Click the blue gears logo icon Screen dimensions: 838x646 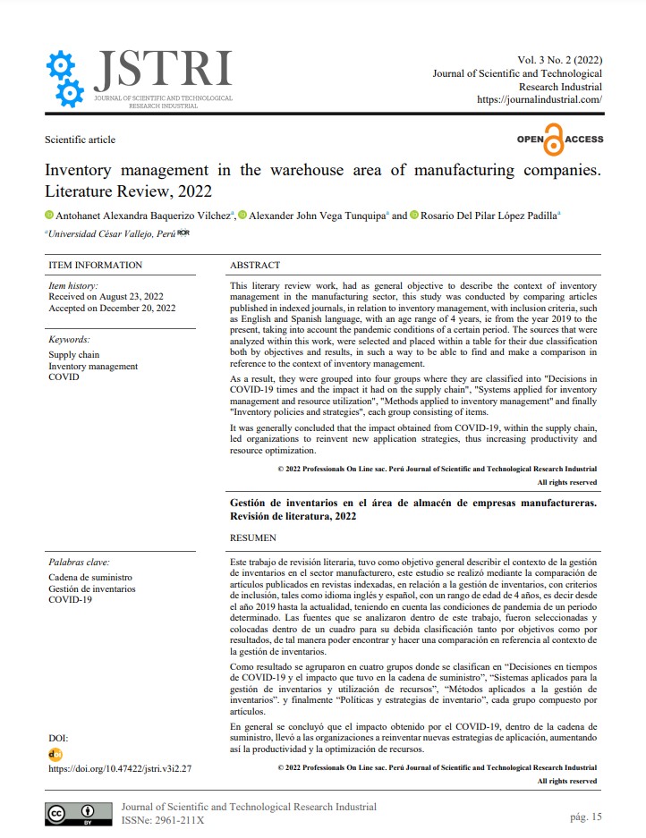(x=64, y=78)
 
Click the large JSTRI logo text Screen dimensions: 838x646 (x=162, y=69)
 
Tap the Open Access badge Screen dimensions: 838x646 (x=559, y=140)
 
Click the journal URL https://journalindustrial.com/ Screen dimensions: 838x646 (x=540, y=100)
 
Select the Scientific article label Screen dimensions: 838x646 (x=80, y=140)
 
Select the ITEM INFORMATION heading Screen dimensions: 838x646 (x=95, y=266)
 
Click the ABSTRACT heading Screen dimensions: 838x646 (x=255, y=266)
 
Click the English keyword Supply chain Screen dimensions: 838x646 (x=74, y=355)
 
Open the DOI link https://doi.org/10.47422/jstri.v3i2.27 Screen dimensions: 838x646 (x=120, y=768)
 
